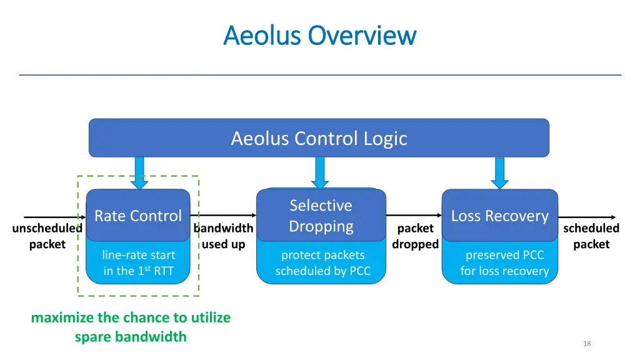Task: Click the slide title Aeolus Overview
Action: pos(319,35)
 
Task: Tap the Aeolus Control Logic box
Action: pos(319,138)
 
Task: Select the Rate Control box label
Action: pos(137,216)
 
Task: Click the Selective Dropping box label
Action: pos(321,216)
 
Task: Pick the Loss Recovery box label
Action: pos(499,216)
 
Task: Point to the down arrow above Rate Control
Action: pos(139,172)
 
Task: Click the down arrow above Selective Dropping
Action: pos(320,172)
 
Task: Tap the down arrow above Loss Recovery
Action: pos(499,172)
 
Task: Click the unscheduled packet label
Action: pos(47,236)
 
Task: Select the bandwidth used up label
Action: pos(223,236)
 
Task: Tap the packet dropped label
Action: pos(415,236)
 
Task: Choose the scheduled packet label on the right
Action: pos(591,236)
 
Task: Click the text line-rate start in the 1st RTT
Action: pos(138,263)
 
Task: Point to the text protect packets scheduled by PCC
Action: pos(322,263)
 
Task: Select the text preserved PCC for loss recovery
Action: pos(504,263)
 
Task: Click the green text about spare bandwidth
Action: pos(131,327)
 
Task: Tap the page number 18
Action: pos(586,344)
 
